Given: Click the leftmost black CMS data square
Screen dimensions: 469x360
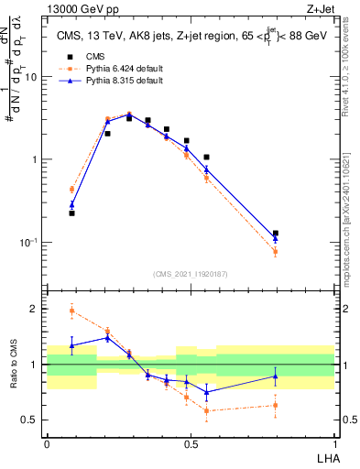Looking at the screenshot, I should (x=71, y=213).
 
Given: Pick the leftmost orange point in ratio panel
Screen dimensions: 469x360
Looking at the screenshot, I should (x=71, y=311).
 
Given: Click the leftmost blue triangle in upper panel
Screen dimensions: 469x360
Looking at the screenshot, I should (x=71, y=205).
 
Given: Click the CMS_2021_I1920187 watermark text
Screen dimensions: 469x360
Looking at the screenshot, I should (x=191, y=274).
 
